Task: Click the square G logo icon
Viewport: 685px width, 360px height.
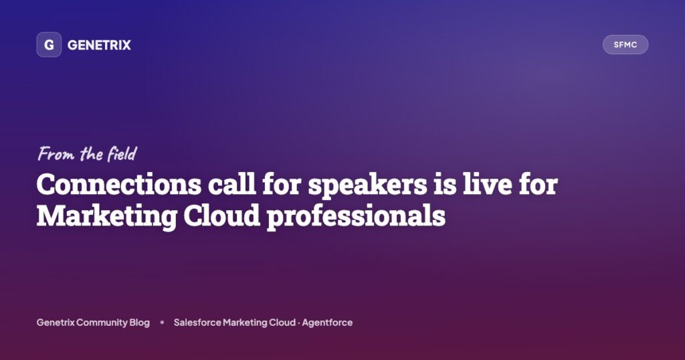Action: pyautogui.click(x=49, y=45)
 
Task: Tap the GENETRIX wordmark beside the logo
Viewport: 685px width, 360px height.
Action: pyautogui.click(x=99, y=45)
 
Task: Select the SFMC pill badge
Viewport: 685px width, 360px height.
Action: pyautogui.click(x=625, y=45)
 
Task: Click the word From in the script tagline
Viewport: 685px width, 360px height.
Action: pyautogui.click(x=56, y=154)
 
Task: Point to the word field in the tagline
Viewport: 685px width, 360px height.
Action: pyautogui.click(x=122, y=153)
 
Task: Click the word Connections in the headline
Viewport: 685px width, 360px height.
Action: pyautogui.click(x=119, y=185)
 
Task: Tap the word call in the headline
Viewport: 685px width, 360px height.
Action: pyautogui.click(x=231, y=184)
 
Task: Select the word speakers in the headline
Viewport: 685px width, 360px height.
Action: pyautogui.click(x=367, y=185)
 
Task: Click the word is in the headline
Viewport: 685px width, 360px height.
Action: pyautogui.click(x=445, y=185)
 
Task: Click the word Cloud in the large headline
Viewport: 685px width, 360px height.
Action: pyautogui.click(x=222, y=216)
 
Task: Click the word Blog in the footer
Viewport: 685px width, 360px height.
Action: pyautogui.click(x=139, y=323)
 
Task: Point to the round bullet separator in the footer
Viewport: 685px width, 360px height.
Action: pyautogui.click(x=162, y=323)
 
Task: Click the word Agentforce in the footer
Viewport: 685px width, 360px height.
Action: pyautogui.click(x=327, y=323)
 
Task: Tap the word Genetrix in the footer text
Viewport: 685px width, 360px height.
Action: pyautogui.click(x=56, y=323)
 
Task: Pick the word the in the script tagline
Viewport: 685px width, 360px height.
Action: pyautogui.click(x=91, y=153)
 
